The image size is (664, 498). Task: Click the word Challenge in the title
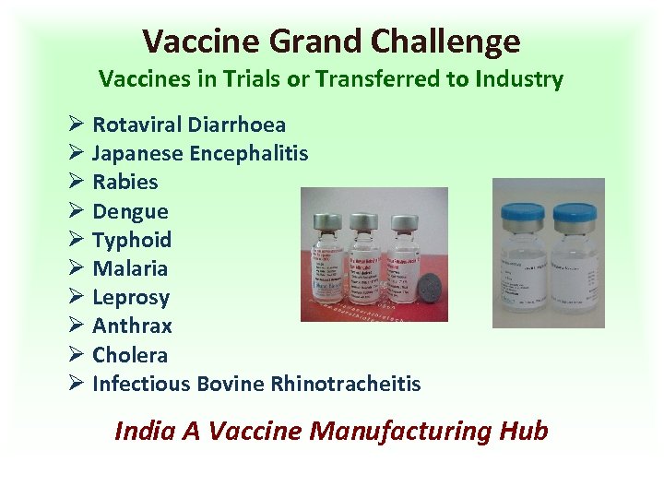pyautogui.click(x=445, y=41)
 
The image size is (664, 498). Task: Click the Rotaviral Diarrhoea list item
pyautogui.click(x=188, y=125)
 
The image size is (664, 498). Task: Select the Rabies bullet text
pyautogui.click(x=125, y=182)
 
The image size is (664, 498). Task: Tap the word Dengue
pyautogui.click(x=130, y=211)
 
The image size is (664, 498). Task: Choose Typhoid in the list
pyautogui.click(x=132, y=240)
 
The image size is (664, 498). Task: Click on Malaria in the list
pyautogui.click(x=130, y=268)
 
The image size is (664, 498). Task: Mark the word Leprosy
pyautogui.click(x=131, y=297)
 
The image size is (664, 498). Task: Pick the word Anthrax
pyautogui.click(x=132, y=326)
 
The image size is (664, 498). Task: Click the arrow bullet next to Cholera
pyautogui.click(x=77, y=355)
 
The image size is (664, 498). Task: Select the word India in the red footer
pyautogui.click(x=143, y=431)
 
